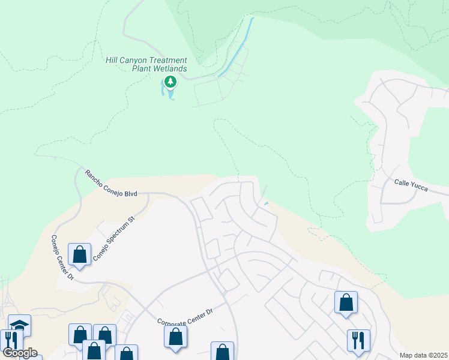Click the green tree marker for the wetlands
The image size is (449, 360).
click(170, 82)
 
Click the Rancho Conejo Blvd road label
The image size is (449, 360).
click(111, 183)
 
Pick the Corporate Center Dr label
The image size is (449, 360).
click(185, 317)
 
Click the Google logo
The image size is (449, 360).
click(20, 352)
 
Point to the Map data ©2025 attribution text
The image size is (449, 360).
click(423, 355)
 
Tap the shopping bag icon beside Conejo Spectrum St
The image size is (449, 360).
click(79, 254)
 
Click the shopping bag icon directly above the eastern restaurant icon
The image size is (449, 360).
click(346, 302)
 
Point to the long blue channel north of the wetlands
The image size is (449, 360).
click(237, 48)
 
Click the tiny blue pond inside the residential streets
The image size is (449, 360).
click(265, 203)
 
